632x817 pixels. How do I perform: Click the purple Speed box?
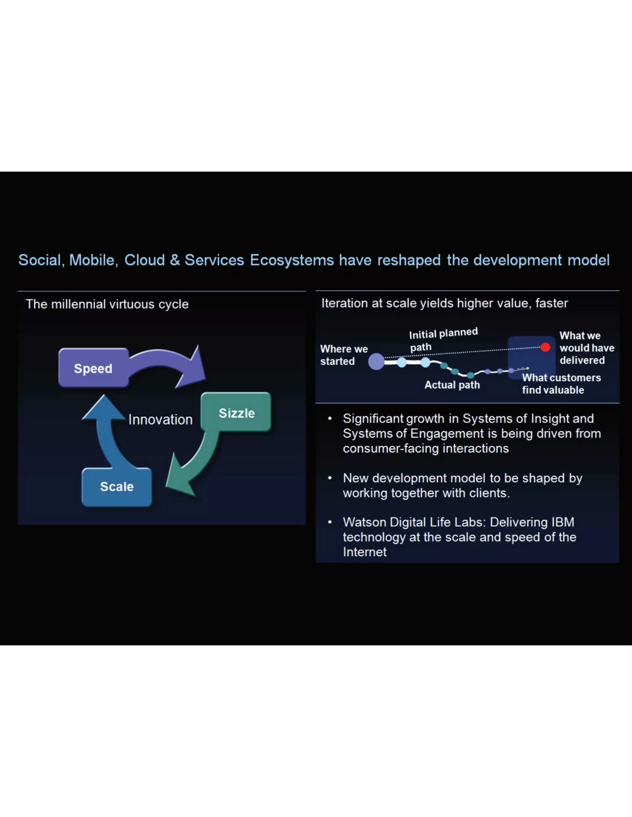point(93,368)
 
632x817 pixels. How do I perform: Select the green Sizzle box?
point(236,413)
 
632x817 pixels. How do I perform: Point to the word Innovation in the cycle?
point(160,419)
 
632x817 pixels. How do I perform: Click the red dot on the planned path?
point(545,347)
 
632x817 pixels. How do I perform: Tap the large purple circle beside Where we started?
point(376,361)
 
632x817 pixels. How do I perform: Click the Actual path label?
point(452,385)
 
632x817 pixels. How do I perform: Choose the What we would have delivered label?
point(586,348)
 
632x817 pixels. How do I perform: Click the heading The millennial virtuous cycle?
point(107,304)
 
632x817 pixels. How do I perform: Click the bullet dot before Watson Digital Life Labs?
point(330,522)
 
